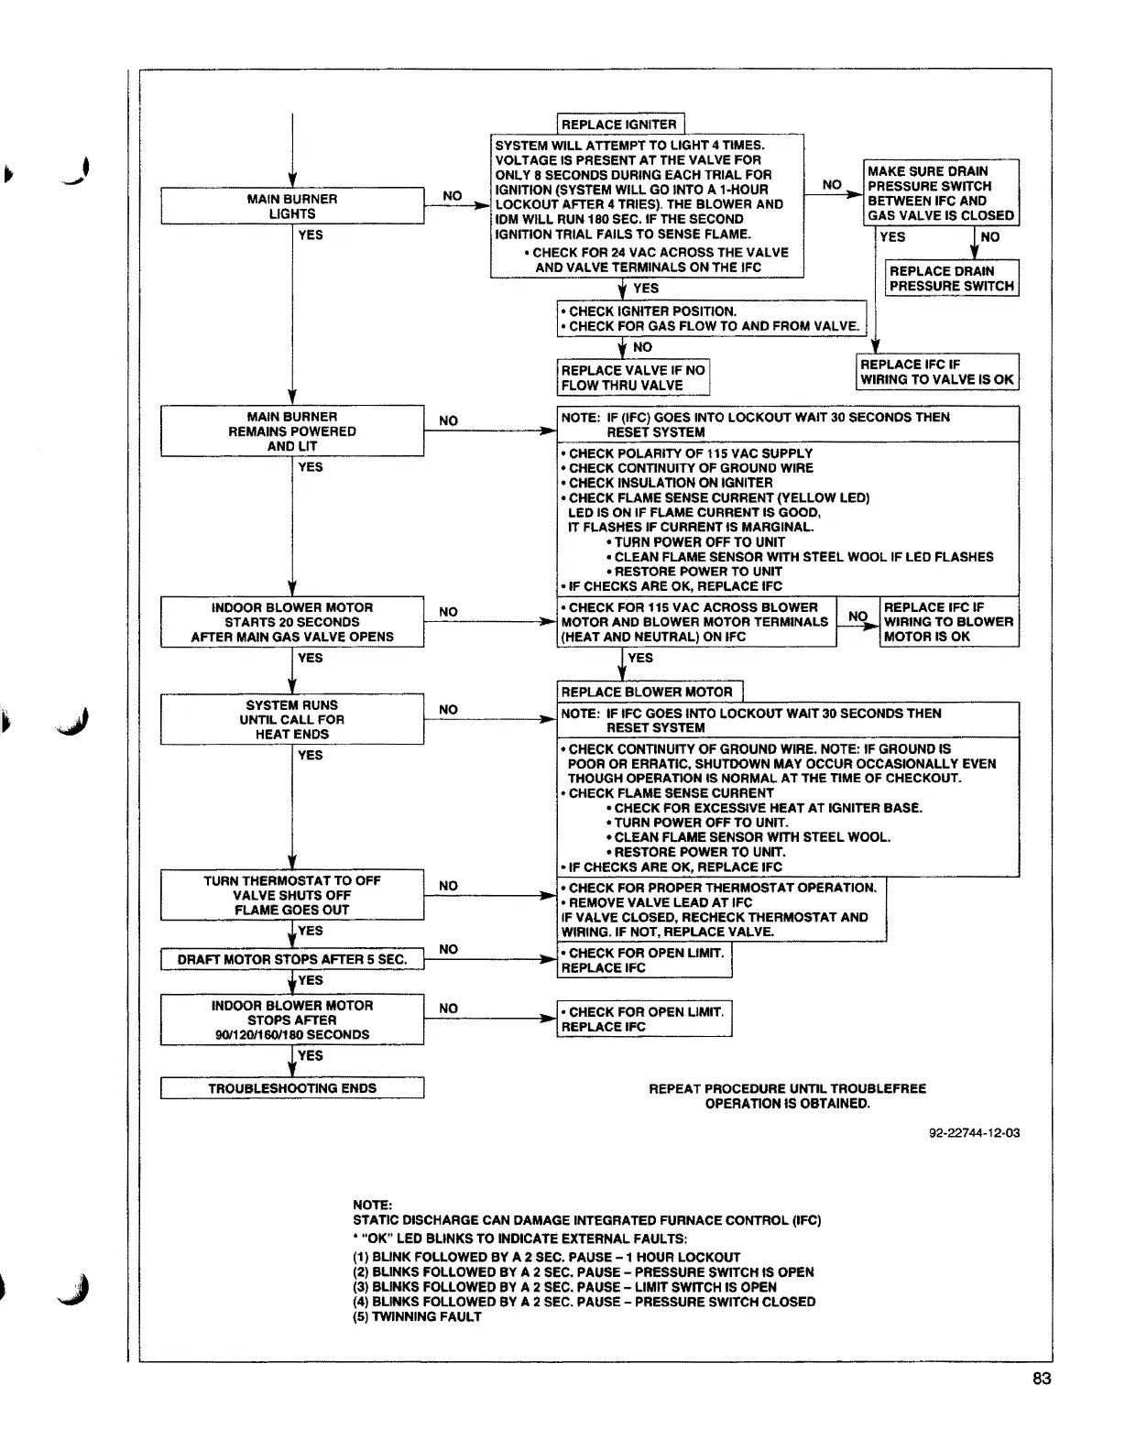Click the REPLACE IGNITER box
(x=619, y=125)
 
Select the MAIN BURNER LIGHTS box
(x=292, y=206)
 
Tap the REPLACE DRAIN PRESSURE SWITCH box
(x=952, y=278)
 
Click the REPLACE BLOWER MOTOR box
(x=648, y=693)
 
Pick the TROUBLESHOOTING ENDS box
(x=292, y=1088)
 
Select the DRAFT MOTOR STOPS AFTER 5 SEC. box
(x=292, y=960)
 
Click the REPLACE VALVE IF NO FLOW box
(x=633, y=377)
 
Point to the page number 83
(x=1042, y=1380)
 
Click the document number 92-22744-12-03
(x=974, y=1133)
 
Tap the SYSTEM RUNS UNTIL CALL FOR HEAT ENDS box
(x=292, y=719)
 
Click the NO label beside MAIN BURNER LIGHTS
(x=453, y=196)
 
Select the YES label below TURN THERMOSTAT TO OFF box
(x=311, y=931)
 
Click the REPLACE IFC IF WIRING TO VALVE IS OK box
(x=937, y=372)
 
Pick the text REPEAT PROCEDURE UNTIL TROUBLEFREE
(x=787, y=1089)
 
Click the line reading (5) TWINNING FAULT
(x=417, y=1316)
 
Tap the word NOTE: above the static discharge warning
(x=372, y=1205)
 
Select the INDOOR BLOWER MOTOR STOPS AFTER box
(x=292, y=1020)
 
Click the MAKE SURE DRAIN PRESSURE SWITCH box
(x=941, y=193)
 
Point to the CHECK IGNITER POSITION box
(x=712, y=319)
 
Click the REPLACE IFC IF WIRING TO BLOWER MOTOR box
(x=949, y=622)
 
